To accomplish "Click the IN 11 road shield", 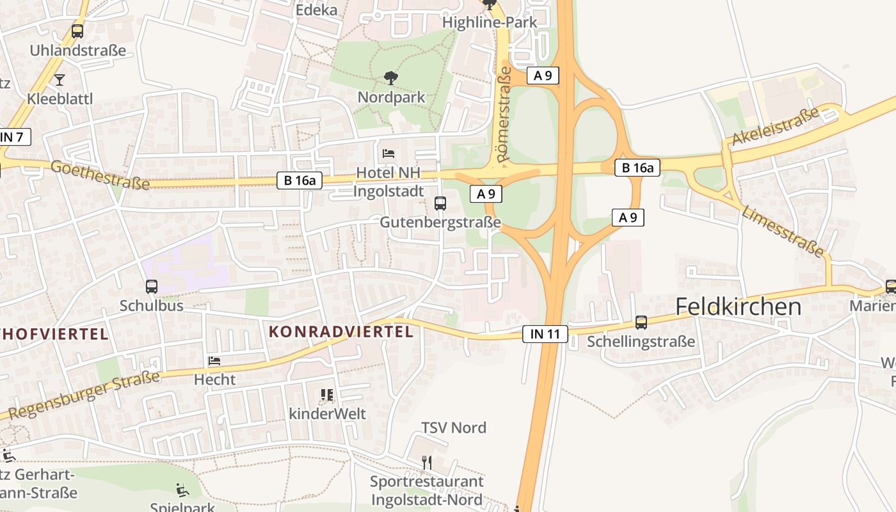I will pos(545,333).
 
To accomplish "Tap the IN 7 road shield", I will pos(13,136).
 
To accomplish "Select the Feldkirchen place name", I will pos(738,307).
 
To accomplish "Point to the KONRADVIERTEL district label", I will pos(341,332).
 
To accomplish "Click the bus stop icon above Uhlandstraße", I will pos(77,31).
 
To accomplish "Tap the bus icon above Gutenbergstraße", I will pos(440,204).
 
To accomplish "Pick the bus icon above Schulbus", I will pos(152,287).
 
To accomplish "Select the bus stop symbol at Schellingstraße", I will pos(641,323).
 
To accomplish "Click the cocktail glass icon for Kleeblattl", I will pos(60,80).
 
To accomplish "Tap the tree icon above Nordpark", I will pos(390,78).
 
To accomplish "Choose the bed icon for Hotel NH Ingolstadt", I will pos(388,154).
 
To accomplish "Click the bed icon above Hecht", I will pos(214,361).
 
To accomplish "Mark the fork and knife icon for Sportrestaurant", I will pos(427,462).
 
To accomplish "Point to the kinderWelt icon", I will pos(327,395).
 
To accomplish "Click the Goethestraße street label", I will pos(100,175).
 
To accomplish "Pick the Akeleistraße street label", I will pos(775,126).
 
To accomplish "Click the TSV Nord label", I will pos(454,428).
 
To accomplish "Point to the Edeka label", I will pos(316,10).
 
